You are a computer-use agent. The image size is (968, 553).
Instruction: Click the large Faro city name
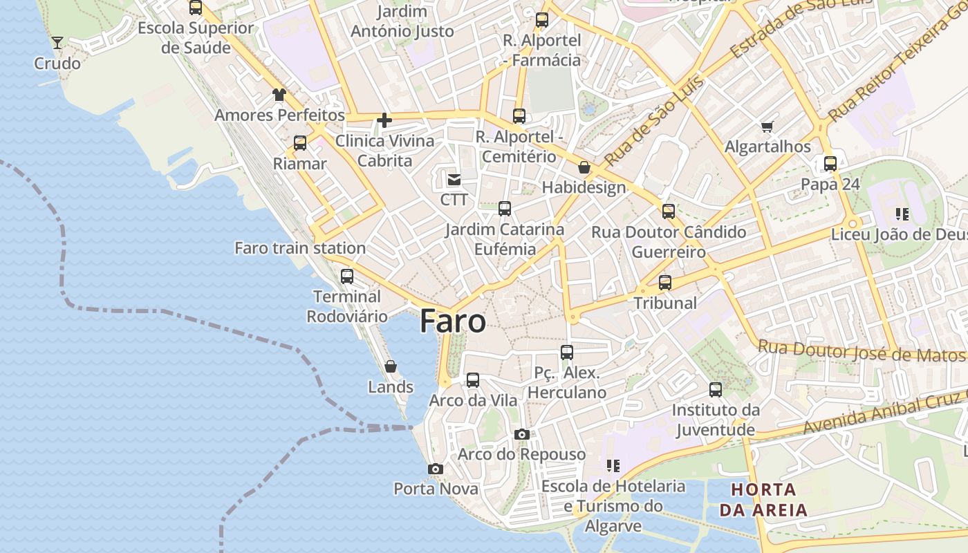(453, 321)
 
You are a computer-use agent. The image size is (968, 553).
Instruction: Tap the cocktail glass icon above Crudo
(57, 43)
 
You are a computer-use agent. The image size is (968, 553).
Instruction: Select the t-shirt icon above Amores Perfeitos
(279, 94)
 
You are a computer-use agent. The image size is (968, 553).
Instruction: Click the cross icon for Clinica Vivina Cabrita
(384, 121)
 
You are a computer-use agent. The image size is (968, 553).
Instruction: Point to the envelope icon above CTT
(454, 180)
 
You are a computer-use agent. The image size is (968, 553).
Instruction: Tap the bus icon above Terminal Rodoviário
(347, 276)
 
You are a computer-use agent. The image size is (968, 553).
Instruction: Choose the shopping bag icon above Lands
(391, 366)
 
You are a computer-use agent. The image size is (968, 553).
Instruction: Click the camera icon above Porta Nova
(435, 469)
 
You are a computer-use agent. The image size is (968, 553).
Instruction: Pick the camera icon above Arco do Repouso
(522, 434)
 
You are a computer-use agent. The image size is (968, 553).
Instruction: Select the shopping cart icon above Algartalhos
(767, 126)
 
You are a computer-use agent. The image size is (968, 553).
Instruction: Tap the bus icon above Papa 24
(830, 164)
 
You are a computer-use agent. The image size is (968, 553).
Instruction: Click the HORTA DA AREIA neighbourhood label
(763, 500)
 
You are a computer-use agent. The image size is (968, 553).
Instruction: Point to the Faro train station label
(300, 248)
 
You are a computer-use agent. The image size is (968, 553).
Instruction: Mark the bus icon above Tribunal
(665, 282)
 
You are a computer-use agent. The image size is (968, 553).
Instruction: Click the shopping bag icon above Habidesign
(584, 167)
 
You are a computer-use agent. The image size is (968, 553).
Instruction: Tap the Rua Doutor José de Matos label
(860, 352)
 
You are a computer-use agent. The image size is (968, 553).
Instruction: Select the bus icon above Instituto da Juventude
(716, 390)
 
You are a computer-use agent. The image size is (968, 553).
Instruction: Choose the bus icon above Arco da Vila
(473, 380)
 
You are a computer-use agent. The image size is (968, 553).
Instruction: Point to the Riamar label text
(299, 164)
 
